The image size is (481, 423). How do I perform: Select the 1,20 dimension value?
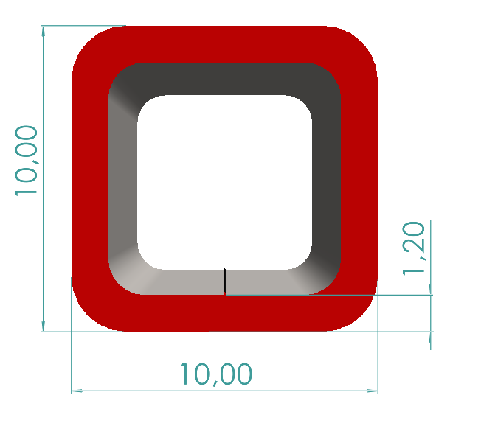[x=415, y=248]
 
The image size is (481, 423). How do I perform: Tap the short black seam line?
[x=224, y=281]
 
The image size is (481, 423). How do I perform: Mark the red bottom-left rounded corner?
[x=92, y=310]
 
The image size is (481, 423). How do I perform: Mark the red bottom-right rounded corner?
[x=356, y=310]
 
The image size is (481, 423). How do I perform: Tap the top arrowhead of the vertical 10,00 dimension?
[x=44, y=31]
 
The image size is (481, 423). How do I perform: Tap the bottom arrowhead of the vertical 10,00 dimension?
[x=44, y=326]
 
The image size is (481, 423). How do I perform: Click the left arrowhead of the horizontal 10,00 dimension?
[x=77, y=391]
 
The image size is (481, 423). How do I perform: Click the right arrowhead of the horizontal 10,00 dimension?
[x=373, y=391]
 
